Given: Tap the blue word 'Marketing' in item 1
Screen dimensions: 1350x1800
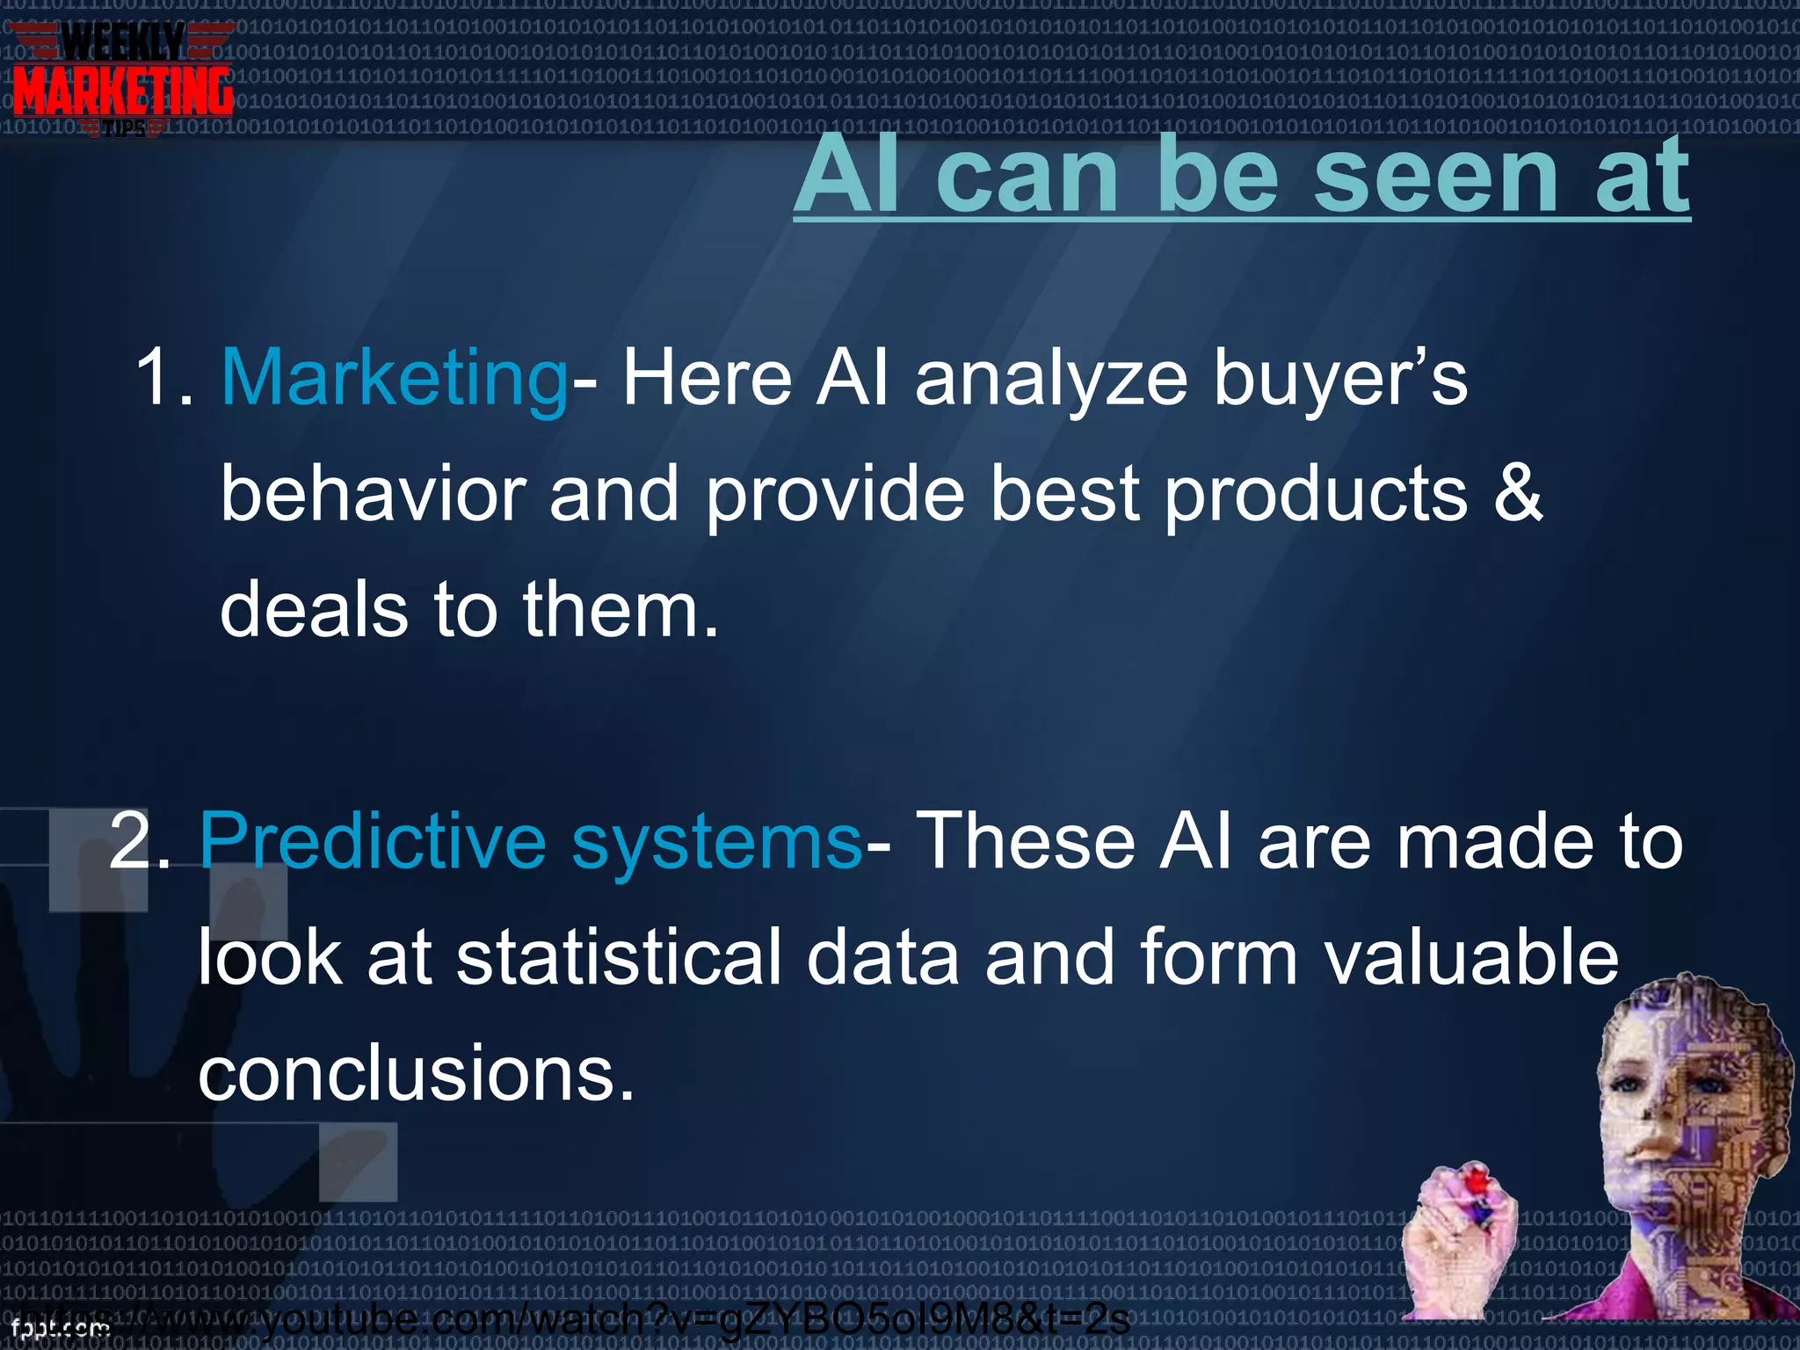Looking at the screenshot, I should tap(395, 378).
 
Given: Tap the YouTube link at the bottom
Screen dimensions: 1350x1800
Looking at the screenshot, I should tap(615, 1319).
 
